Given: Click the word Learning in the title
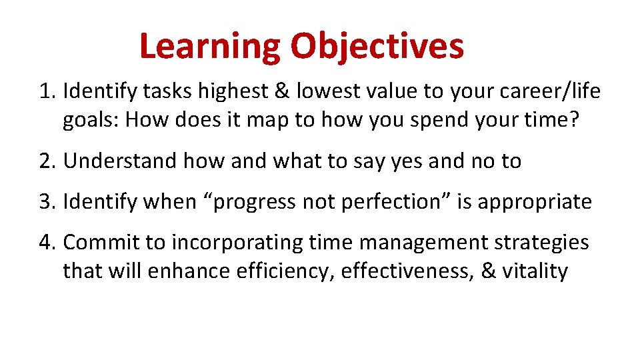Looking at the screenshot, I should point(209,47).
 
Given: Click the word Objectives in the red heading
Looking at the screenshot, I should point(377,47).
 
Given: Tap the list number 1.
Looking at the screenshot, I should point(46,91).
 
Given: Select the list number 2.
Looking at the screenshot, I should point(46,161).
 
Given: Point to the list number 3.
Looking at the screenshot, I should point(46,201).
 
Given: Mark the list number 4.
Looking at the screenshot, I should point(46,243).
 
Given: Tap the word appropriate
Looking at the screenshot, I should point(536,201).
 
